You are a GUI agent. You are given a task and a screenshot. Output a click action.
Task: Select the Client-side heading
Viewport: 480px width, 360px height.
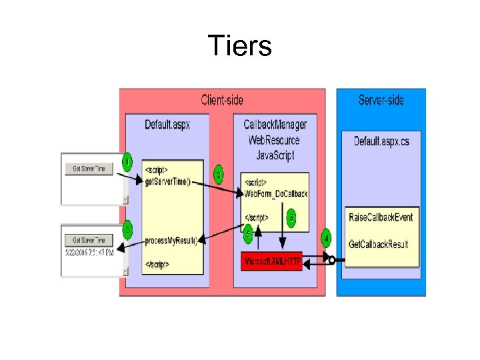click(222, 101)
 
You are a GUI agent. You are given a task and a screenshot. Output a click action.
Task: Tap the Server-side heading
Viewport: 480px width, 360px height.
click(381, 101)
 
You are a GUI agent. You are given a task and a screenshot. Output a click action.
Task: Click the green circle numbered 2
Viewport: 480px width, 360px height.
click(219, 175)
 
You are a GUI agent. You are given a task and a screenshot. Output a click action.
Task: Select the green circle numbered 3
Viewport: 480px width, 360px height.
click(291, 217)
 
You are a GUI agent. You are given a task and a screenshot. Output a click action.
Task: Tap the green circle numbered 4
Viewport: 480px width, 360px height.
click(326, 238)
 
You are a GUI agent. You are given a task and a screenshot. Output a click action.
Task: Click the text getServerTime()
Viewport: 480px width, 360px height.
click(167, 182)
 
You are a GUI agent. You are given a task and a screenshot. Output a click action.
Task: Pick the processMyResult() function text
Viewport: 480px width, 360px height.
click(171, 241)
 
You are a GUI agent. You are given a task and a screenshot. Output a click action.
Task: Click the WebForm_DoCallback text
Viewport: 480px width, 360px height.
click(276, 194)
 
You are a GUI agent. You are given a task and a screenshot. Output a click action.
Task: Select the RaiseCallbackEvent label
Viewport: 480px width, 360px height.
click(381, 217)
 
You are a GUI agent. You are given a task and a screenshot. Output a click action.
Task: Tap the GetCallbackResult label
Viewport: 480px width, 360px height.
click(379, 245)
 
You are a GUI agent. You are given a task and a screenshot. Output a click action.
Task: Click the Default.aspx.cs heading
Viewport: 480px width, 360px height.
click(381, 141)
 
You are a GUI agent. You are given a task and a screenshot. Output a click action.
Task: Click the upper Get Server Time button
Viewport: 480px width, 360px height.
click(89, 169)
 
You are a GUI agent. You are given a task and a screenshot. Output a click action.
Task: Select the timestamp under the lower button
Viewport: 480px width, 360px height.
click(89, 253)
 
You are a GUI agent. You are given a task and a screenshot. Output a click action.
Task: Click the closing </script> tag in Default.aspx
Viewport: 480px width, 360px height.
click(157, 265)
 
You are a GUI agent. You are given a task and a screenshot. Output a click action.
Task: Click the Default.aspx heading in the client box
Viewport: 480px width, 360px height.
click(167, 125)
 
